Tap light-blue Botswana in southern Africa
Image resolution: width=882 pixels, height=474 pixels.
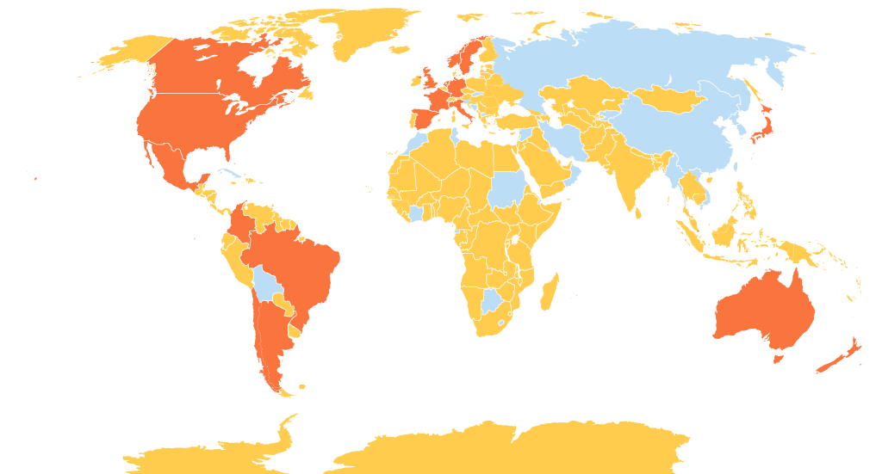coord(492,300)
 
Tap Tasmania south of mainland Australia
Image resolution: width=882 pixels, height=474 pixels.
coord(779,358)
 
